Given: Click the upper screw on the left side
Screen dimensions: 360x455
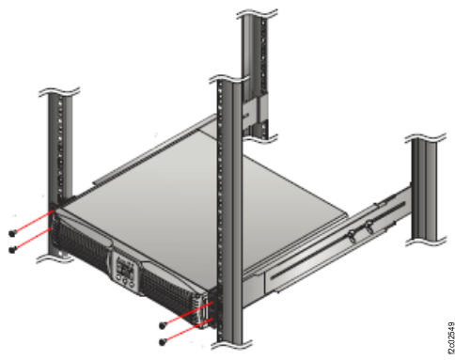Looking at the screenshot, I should point(10,233).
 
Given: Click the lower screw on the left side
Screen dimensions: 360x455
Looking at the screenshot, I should point(10,249).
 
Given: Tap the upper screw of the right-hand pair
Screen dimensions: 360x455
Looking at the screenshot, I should point(164,324).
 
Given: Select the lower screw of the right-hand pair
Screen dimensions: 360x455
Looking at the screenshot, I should point(164,340).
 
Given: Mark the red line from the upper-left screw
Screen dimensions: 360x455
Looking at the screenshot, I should point(34,224).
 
